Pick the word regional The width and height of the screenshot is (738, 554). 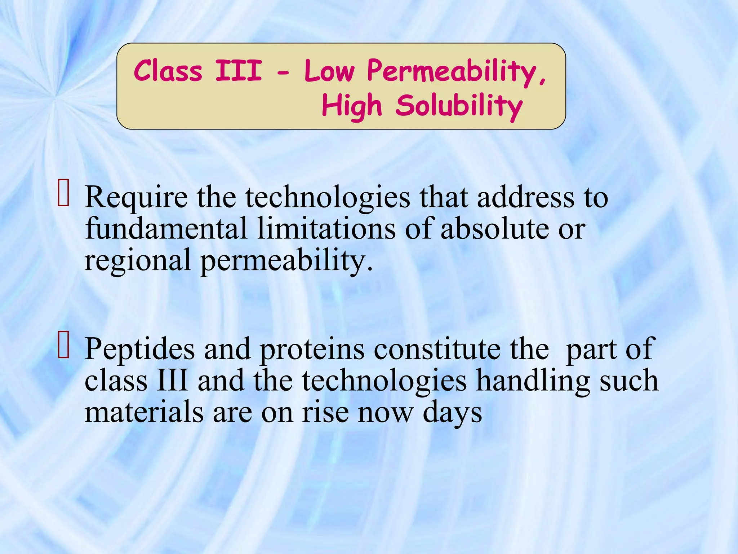pos(137,261)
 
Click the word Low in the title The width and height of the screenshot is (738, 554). pos(329,71)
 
